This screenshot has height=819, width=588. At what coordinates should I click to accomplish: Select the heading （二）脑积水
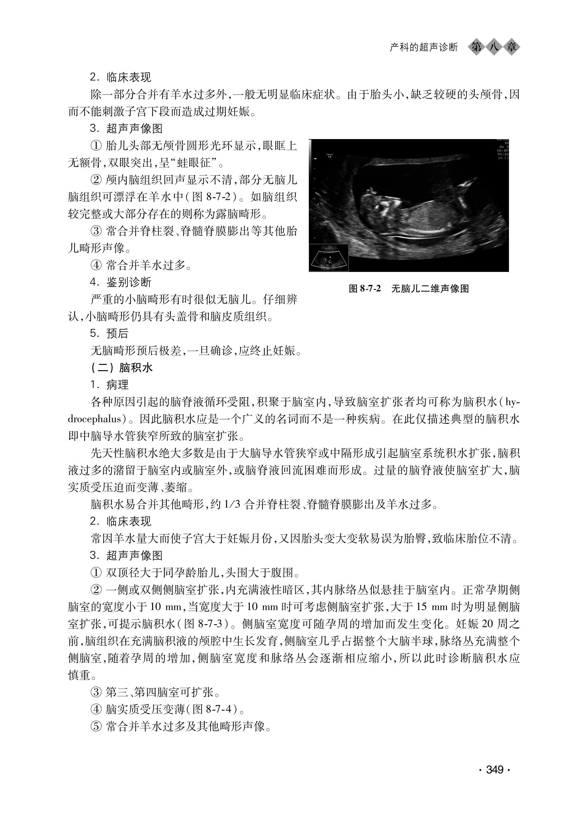(x=122, y=368)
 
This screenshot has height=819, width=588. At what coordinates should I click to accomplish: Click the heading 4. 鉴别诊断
(x=121, y=282)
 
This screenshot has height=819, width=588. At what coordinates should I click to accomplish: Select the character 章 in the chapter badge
(x=511, y=47)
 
